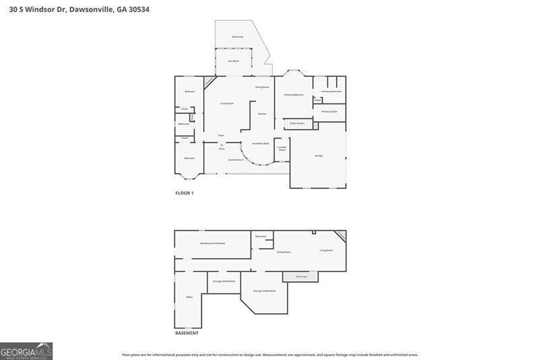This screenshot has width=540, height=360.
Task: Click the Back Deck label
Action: tap(237, 36)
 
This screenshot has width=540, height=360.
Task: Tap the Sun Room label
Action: tap(234, 61)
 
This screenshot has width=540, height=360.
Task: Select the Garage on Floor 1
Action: tap(319, 155)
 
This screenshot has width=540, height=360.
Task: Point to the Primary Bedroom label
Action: tap(294, 95)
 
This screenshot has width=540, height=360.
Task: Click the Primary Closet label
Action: tap(329, 111)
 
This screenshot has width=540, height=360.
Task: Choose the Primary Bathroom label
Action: tap(331, 91)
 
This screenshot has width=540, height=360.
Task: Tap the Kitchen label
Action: tap(262, 113)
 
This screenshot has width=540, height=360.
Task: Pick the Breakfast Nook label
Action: tap(261, 143)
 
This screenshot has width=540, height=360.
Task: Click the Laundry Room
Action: tap(282, 148)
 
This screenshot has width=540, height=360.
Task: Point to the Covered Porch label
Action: tap(236, 159)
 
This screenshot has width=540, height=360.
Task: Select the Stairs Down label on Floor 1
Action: tap(297, 124)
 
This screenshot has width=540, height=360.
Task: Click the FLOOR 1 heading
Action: tap(184, 193)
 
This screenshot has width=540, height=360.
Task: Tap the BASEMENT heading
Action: tap(187, 333)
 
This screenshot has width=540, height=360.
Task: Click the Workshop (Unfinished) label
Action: tap(213, 243)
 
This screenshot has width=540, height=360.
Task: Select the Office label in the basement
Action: tap(190, 297)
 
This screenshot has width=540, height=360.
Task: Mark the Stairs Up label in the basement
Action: tap(301, 276)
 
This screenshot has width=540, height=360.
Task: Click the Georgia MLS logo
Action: tap(26, 351)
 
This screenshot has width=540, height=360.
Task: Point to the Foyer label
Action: tap(221, 135)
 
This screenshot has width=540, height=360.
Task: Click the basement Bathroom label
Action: tap(261, 236)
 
